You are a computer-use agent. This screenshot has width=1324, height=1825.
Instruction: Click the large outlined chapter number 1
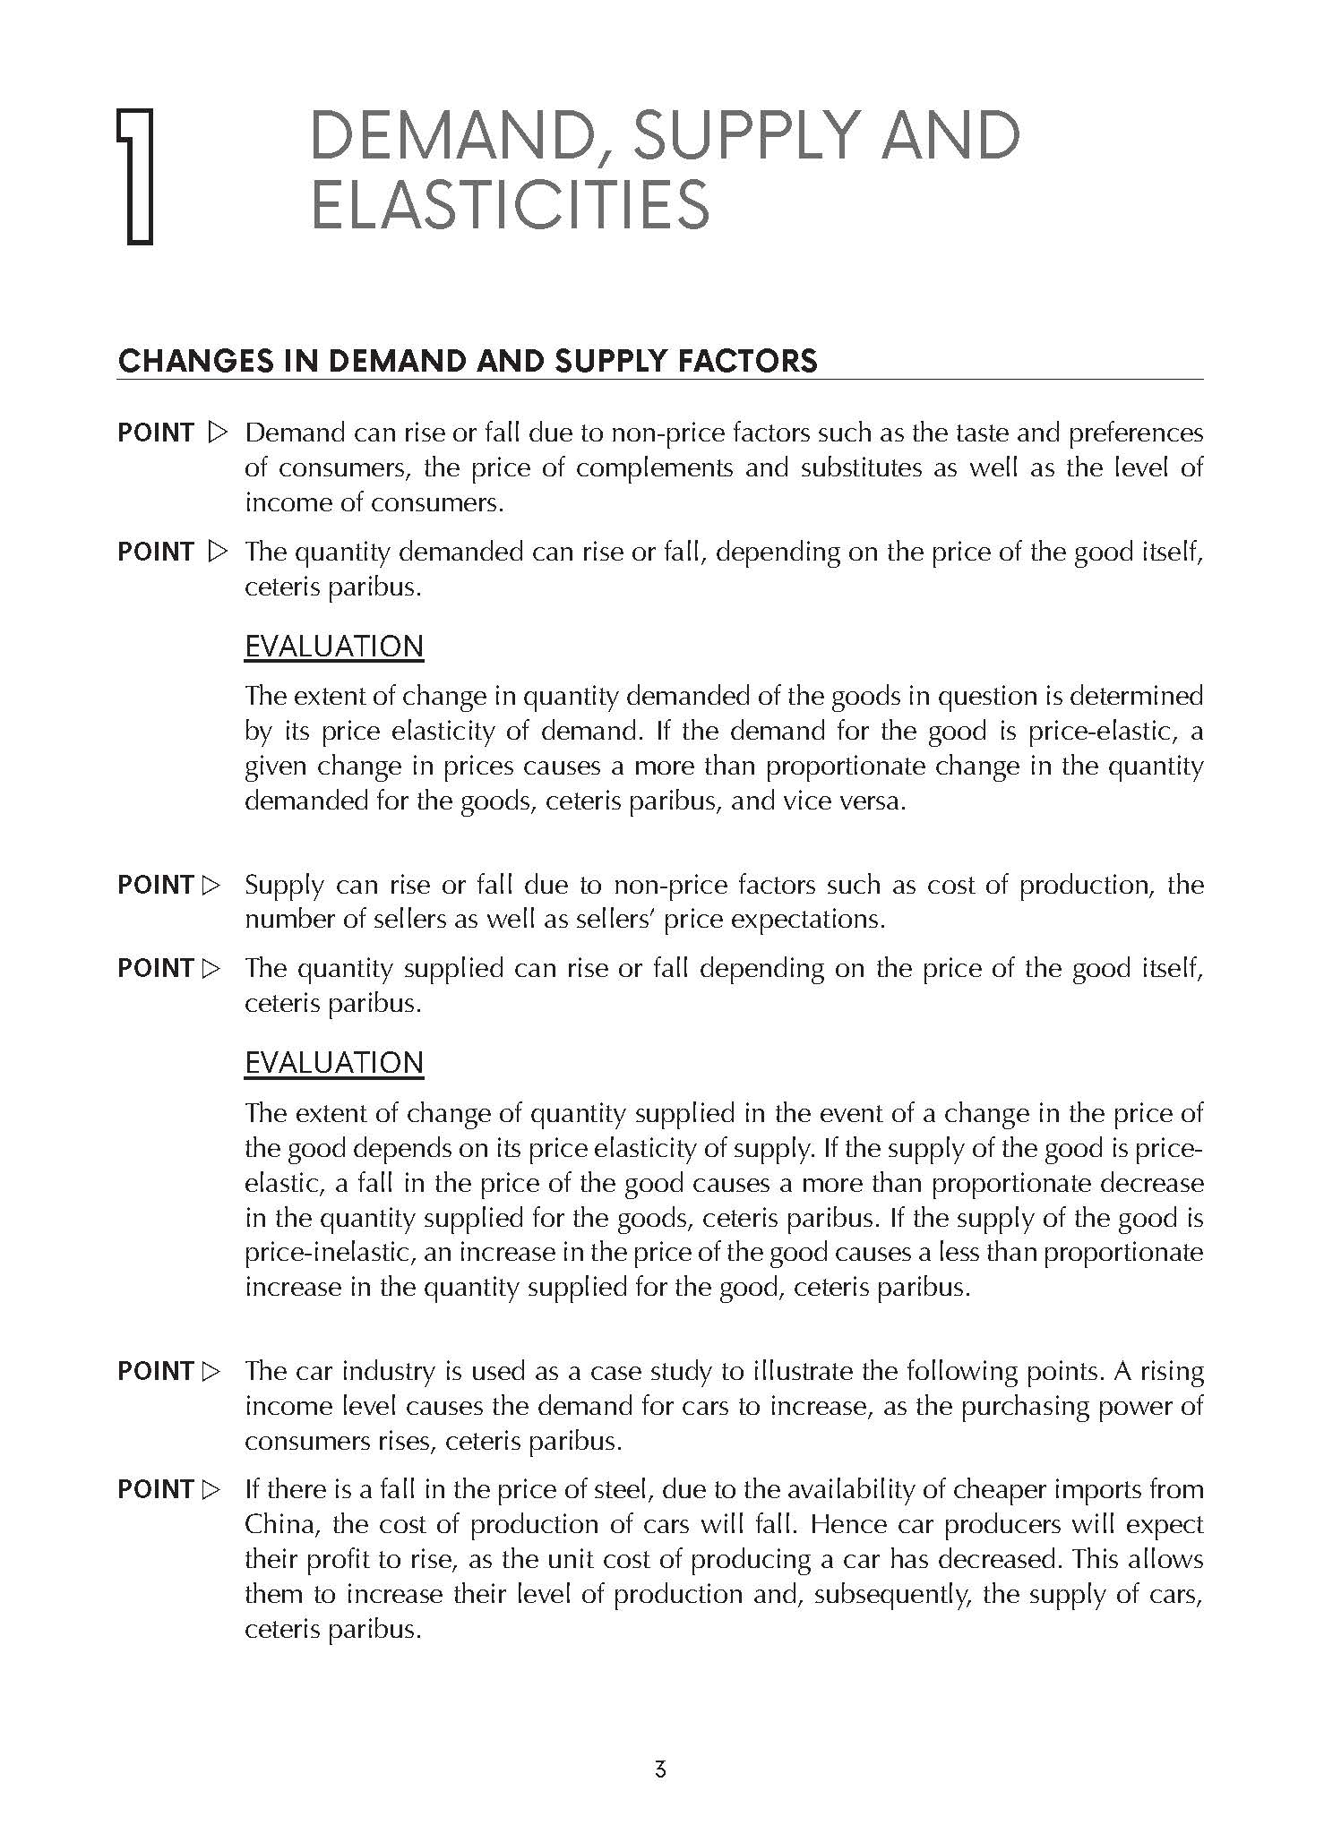[137, 176]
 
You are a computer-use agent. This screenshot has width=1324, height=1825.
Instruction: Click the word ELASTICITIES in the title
[510, 205]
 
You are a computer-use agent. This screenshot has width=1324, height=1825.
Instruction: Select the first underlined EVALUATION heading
[334, 647]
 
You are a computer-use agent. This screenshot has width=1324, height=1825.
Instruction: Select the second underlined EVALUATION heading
[334, 1063]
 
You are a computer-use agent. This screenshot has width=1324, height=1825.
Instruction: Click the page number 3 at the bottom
[660, 1769]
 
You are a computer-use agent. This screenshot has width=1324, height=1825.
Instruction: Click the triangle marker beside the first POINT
[217, 433]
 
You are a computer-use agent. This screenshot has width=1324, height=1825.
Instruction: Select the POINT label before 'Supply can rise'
[156, 886]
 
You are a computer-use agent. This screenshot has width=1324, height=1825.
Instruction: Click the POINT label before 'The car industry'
[156, 1371]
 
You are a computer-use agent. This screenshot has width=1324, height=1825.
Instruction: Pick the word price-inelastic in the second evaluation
[328, 1253]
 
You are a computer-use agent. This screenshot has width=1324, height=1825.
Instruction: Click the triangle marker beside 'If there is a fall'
[211, 1490]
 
